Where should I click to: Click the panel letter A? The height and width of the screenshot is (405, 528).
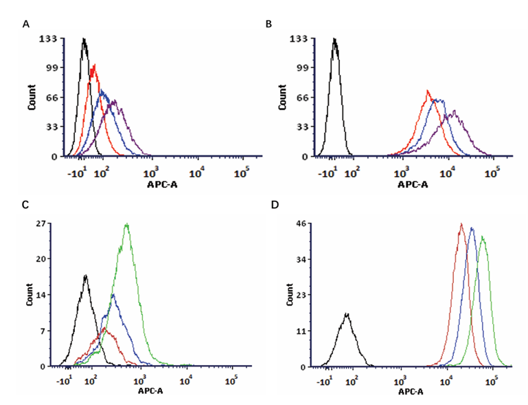pos(26,24)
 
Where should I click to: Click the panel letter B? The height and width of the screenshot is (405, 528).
pos(269,24)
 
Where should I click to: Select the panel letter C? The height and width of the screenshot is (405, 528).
pos(25,205)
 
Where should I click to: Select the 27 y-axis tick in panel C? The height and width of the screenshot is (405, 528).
pos(40,223)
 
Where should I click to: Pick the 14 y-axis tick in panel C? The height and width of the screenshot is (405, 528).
pos(40,295)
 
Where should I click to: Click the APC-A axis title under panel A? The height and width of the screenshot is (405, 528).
pos(160,184)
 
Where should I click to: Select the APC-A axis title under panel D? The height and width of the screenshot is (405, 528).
pos(411,392)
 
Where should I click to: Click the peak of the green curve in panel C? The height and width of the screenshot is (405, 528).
pos(127,224)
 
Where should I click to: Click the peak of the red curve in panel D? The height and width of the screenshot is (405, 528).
pos(461,223)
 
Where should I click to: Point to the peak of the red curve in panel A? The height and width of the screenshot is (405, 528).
pos(93,65)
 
